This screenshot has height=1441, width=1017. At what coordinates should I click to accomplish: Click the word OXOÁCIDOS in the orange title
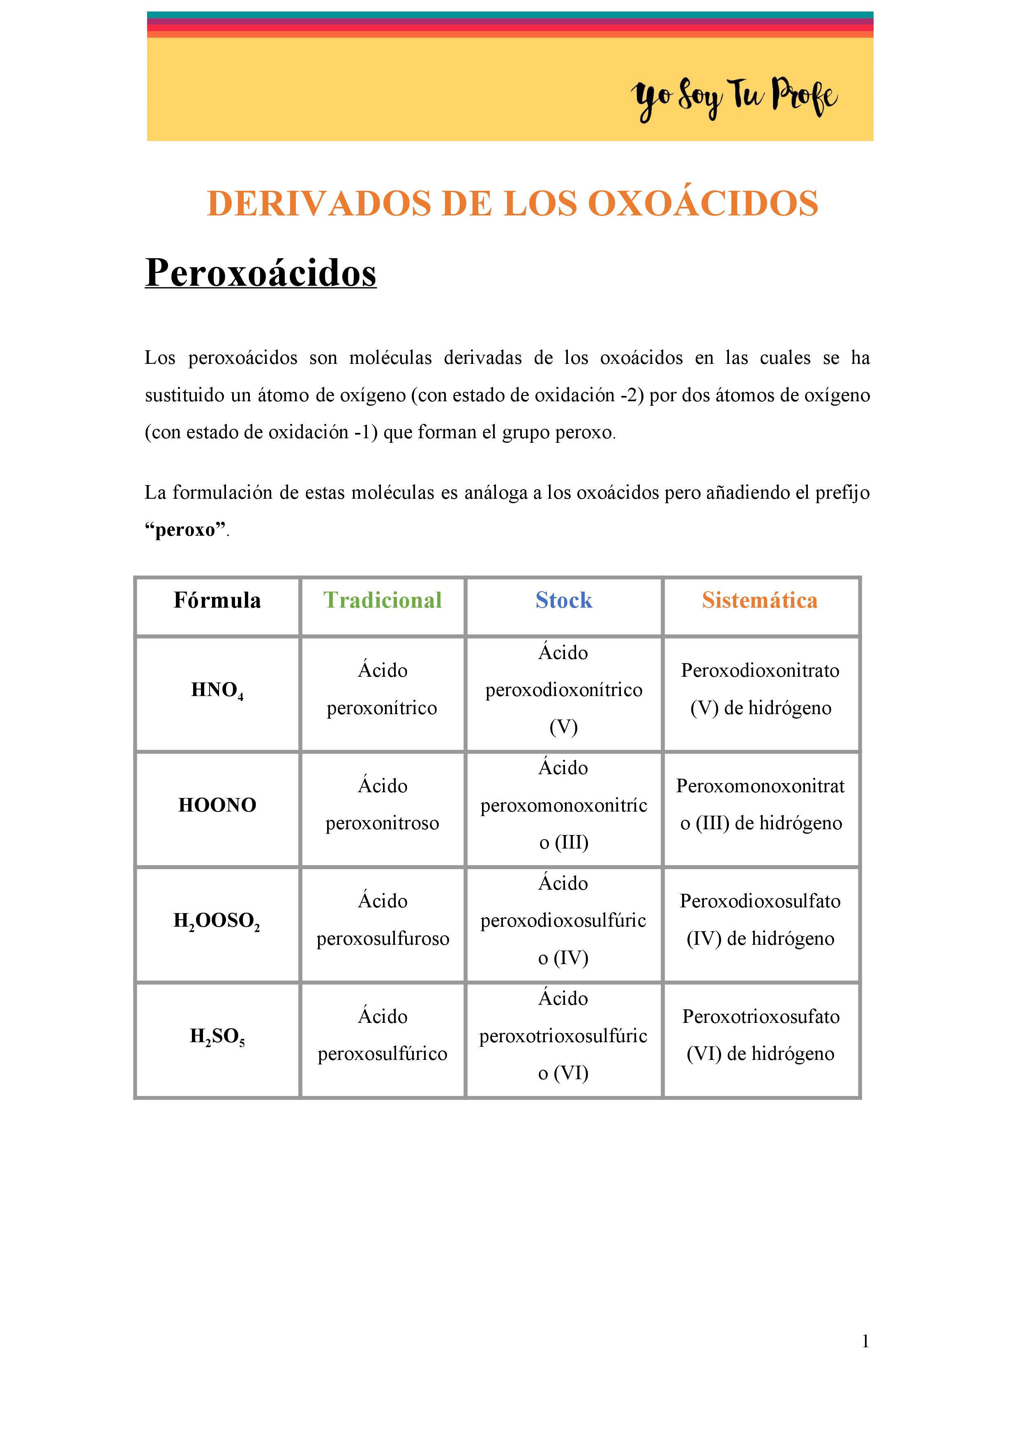coord(703,204)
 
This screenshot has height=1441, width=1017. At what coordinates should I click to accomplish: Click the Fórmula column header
coord(217,601)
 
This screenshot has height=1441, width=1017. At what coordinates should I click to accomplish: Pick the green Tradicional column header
coord(382,601)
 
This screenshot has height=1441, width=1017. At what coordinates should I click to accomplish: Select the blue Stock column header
coord(563,601)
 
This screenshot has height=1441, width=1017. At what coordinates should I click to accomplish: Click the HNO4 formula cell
coord(217,690)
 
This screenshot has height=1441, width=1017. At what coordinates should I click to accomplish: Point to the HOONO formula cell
coord(217,805)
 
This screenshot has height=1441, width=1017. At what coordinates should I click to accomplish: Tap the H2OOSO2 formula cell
coord(217,921)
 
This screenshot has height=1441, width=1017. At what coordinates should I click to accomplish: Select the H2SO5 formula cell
coord(217,1036)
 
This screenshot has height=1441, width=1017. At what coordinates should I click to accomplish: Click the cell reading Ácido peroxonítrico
coord(382,689)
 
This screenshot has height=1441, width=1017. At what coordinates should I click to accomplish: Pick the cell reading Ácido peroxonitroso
coord(382,805)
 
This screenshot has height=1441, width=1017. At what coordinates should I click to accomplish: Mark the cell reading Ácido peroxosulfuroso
coord(382,920)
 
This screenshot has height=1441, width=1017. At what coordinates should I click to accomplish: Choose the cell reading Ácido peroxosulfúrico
coord(382,1036)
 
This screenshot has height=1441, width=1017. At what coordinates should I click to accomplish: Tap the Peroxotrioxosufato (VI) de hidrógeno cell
coord(761,1036)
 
